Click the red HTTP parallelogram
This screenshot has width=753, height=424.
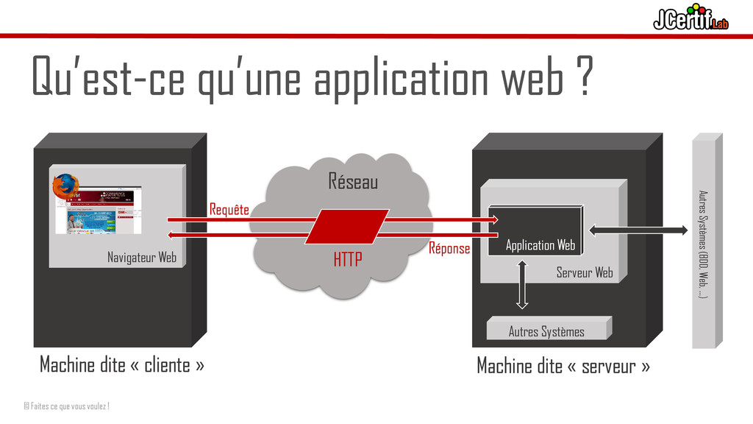coord(346,227)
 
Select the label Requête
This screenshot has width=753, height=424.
coord(229,210)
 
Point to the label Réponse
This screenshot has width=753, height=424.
coord(449,249)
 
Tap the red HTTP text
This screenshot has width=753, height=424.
coord(348,260)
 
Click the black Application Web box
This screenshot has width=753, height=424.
coord(538,229)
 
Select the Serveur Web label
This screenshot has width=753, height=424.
coord(585,273)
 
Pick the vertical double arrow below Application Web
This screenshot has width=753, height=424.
coord(522,283)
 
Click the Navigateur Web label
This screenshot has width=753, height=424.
coord(142,258)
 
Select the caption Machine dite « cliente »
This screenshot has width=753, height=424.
coord(122,364)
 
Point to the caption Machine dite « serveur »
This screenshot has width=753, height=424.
coord(563,365)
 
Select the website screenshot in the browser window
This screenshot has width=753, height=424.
coord(99,210)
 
